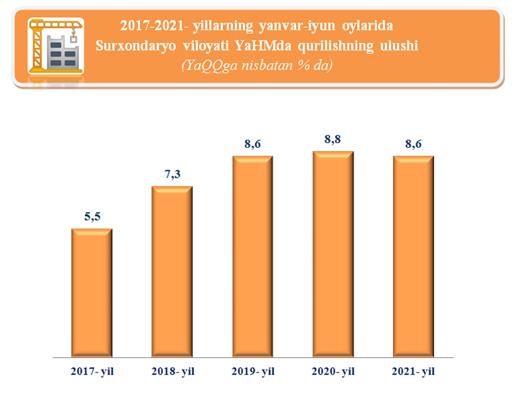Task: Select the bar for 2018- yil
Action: click(x=173, y=271)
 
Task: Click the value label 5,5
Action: click(x=92, y=217)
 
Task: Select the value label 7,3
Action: click(x=173, y=174)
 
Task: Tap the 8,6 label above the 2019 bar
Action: click(x=253, y=144)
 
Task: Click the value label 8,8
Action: click(x=333, y=139)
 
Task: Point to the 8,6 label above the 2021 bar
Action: click(x=414, y=144)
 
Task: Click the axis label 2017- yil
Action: click(x=92, y=372)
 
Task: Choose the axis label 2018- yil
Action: click(x=173, y=372)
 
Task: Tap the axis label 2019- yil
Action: click(x=253, y=372)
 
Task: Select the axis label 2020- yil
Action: click(x=333, y=372)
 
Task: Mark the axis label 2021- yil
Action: click(x=414, y=372)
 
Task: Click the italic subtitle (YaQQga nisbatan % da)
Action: click(x=256, y=65)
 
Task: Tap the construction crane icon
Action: click(x=54, y=45)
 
